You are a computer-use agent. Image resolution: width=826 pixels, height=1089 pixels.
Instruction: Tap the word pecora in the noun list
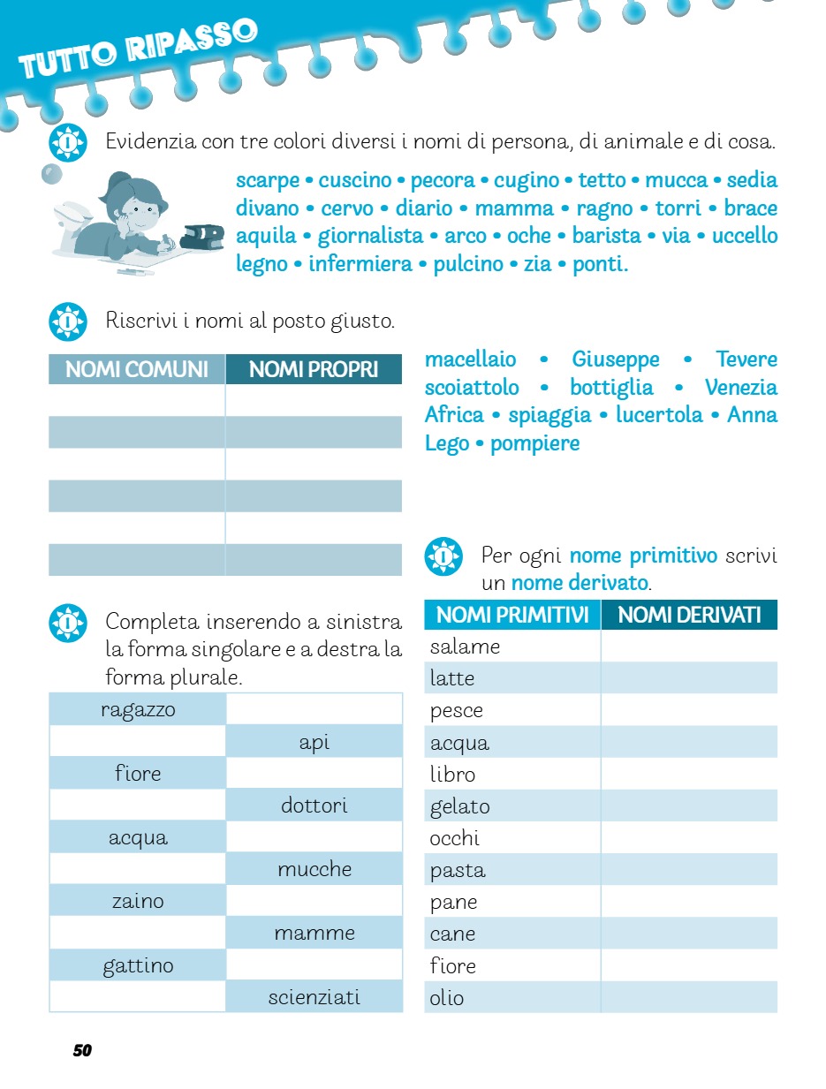click(443, 181)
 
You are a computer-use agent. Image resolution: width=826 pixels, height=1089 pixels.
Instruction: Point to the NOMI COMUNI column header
click(137, 369)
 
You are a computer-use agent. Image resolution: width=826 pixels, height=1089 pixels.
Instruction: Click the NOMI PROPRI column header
click(314, 369)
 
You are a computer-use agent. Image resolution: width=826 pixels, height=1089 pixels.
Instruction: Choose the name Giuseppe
click(616, 359)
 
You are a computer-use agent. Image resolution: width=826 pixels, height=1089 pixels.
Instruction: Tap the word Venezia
click(740, 388)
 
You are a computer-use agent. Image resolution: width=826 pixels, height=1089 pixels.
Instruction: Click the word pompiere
click(534, 443)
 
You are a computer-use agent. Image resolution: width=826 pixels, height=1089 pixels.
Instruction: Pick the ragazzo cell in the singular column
click(138, 710)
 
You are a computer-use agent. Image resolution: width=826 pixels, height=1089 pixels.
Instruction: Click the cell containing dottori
click(314, 805)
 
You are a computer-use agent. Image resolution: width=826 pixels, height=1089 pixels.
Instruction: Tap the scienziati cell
click(314, 997)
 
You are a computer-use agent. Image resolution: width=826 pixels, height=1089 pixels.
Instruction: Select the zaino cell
click(138, 902)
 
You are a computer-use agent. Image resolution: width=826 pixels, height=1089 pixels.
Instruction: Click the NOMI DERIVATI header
click(689, 615)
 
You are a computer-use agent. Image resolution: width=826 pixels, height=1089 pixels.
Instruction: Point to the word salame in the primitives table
click(466, 647)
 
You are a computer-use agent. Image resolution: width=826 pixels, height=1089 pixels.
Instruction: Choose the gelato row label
click(459, 806)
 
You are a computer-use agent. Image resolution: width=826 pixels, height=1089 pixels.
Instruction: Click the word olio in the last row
click(447, 998)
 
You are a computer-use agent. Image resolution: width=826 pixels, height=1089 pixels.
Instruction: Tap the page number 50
click(82, 1050)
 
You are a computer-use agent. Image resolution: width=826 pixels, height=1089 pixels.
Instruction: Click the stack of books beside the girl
click(202, 236)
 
